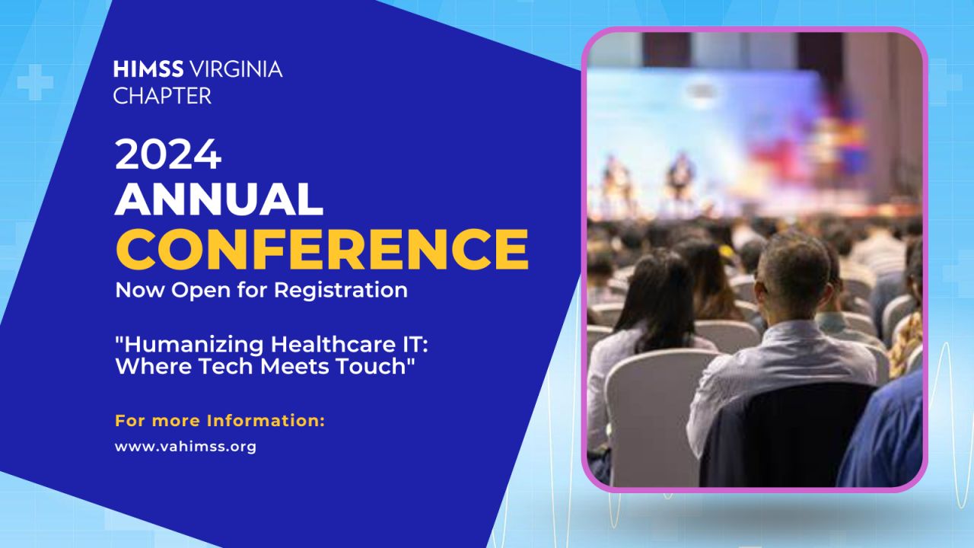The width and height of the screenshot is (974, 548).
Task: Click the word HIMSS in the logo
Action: [x=148, y=69]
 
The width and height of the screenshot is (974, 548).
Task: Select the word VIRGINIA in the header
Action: [x=237, y=69]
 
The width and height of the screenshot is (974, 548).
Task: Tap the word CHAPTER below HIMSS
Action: [x=162, y=96]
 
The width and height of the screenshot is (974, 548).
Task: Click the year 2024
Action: [x=168, y=155]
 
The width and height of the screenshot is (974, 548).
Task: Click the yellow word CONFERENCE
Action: [x=322, y=249]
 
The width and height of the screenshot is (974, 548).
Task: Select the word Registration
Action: [x=341, y=291]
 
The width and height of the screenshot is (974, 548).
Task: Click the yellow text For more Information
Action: [x=220, y=421]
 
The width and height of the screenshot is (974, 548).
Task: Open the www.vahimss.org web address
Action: [x=186, y=447]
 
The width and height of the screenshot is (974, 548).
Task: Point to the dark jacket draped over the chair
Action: [x=783, y=435]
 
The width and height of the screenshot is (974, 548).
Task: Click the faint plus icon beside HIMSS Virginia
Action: [x=35, y=82]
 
